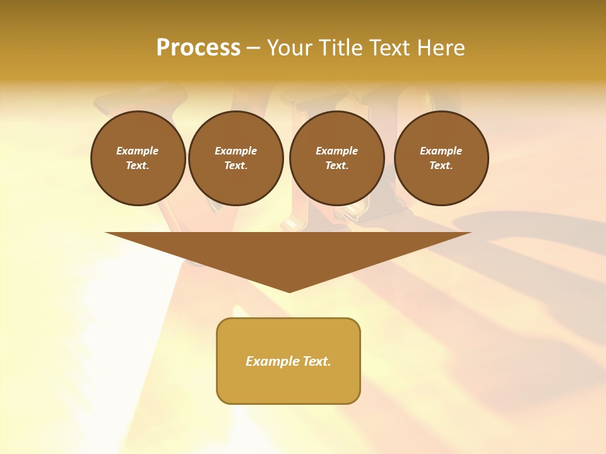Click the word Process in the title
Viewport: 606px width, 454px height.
(198, 48)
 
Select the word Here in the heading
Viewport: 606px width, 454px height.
(440, 48)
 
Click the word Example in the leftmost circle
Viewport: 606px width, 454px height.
(138, 151)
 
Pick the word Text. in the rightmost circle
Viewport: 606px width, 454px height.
(441, 165)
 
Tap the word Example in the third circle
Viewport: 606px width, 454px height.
(336, 151)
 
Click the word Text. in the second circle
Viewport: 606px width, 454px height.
(235, 165)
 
